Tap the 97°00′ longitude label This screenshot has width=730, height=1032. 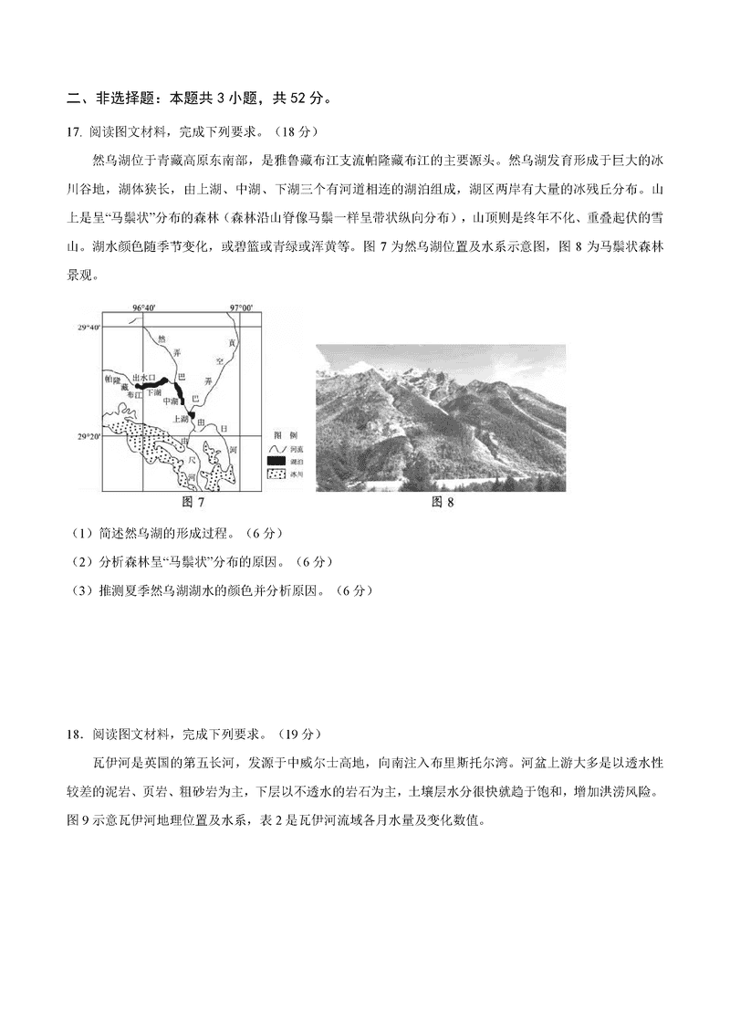241,308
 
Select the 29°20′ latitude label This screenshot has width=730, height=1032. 89,436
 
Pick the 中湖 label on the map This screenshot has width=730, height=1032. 170,401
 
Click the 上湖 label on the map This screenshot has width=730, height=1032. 180,419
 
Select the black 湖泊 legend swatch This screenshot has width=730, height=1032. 276,463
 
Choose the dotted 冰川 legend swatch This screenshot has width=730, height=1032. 276,475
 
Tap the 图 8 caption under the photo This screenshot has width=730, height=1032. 442,501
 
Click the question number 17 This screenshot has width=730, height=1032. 75,131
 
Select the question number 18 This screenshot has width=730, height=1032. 75,733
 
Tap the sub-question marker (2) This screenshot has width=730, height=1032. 80,560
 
